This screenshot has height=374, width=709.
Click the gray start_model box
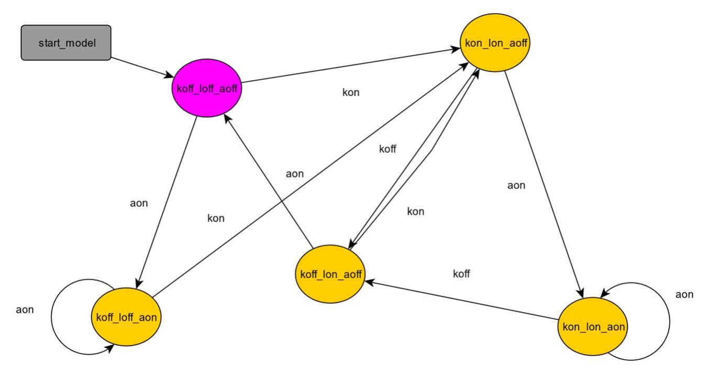coord(67,42)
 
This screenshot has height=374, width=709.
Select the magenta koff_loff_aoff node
coord(207,87)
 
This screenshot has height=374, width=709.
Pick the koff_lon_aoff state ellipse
coord(330,274)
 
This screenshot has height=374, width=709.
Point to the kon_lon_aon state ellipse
coord(593,327)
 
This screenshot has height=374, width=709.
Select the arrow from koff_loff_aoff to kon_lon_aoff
coord(346,66)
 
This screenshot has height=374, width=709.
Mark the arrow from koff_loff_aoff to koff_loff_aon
coord(167,202)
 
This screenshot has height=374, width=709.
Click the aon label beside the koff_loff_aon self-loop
coord(25,310)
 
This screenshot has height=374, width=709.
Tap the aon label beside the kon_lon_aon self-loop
coord(684,294)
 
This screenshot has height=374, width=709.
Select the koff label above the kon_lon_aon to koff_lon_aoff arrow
coord(461,274)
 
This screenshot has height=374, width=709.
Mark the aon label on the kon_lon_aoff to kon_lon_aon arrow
coord(516,185)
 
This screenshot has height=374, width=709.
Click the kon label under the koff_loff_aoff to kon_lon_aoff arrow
coord(351,93)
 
